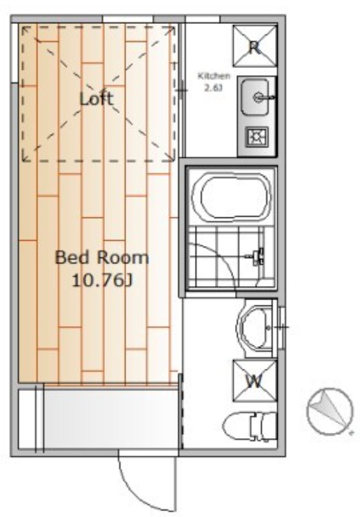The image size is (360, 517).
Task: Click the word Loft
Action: (x=96, y=98)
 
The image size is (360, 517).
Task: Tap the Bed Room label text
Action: (x=102, y=258)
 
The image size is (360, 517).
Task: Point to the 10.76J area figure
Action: (x=102, y=281)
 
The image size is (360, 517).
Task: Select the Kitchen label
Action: (x=214, y=76)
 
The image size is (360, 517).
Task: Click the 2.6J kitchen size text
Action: (x=214, y=88)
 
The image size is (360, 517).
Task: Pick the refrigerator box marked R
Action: (x=254, y=46)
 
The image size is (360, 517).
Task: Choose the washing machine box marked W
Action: (x=254, y=381)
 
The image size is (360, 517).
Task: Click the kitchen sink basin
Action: (x=254, y=96)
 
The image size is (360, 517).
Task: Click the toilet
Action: (x=250, y=426)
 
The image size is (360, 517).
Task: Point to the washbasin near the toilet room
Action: (x=254, y=328)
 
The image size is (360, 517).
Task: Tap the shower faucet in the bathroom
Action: (x=257, y=257)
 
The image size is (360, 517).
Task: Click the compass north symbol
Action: (x=330, y=411)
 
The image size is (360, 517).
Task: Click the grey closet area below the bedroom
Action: (x=111, y=419)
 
